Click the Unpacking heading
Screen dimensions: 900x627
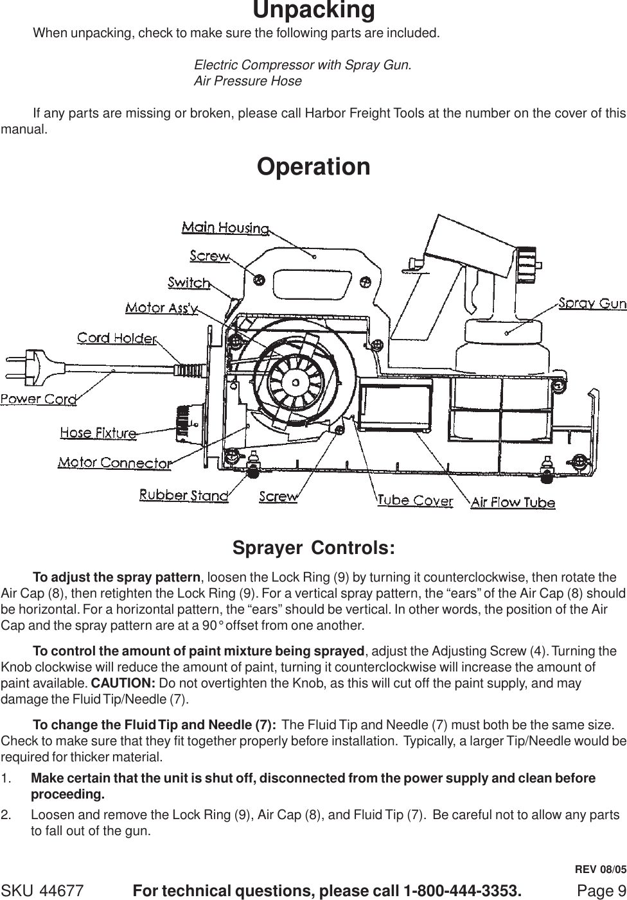point(313,11)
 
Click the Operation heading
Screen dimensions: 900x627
point(313,166)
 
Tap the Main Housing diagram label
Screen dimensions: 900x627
point(225,227)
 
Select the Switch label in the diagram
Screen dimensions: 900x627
point(189,282)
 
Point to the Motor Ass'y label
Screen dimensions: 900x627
point(161,308)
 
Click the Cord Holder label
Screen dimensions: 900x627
point(118,338)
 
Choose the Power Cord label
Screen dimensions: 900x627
point(39,399)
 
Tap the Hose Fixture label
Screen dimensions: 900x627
point(98,433)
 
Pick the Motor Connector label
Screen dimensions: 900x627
point(115,462)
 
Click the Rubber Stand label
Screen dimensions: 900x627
point(184,495)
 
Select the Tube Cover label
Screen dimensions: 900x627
point(414,501)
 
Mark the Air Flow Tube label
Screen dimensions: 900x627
point(513,503)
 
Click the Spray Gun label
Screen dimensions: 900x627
point(592,303)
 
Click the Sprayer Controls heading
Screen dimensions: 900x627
point(313,549)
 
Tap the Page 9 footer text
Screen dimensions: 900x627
point(601,891)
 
